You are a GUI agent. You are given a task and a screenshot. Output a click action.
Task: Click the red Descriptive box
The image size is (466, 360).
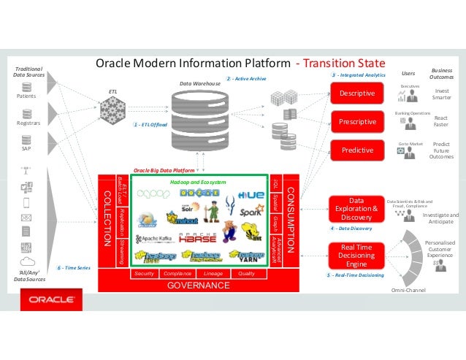pos(357,93)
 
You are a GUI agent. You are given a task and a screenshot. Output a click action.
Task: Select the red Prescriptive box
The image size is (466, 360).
pos(357,121)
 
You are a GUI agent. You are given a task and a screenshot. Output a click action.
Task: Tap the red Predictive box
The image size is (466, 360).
pos(357,150)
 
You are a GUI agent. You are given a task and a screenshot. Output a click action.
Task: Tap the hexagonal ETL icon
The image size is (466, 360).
pos(112,110)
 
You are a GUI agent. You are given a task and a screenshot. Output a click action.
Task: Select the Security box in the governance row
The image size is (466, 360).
pos(144,274)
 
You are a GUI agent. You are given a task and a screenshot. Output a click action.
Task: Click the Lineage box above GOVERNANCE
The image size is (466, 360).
pos(213,274)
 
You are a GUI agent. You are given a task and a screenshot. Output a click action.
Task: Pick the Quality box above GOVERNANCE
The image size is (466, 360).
pos(246,274)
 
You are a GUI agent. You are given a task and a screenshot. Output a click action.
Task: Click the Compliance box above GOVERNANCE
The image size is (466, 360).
pos(177,274)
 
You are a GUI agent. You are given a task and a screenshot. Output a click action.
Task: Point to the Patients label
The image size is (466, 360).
pos(26,96)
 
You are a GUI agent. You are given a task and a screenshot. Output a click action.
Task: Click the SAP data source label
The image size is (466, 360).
pos(26,148)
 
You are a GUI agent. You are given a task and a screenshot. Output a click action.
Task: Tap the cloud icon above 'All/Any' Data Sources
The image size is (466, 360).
pos(27,261)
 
